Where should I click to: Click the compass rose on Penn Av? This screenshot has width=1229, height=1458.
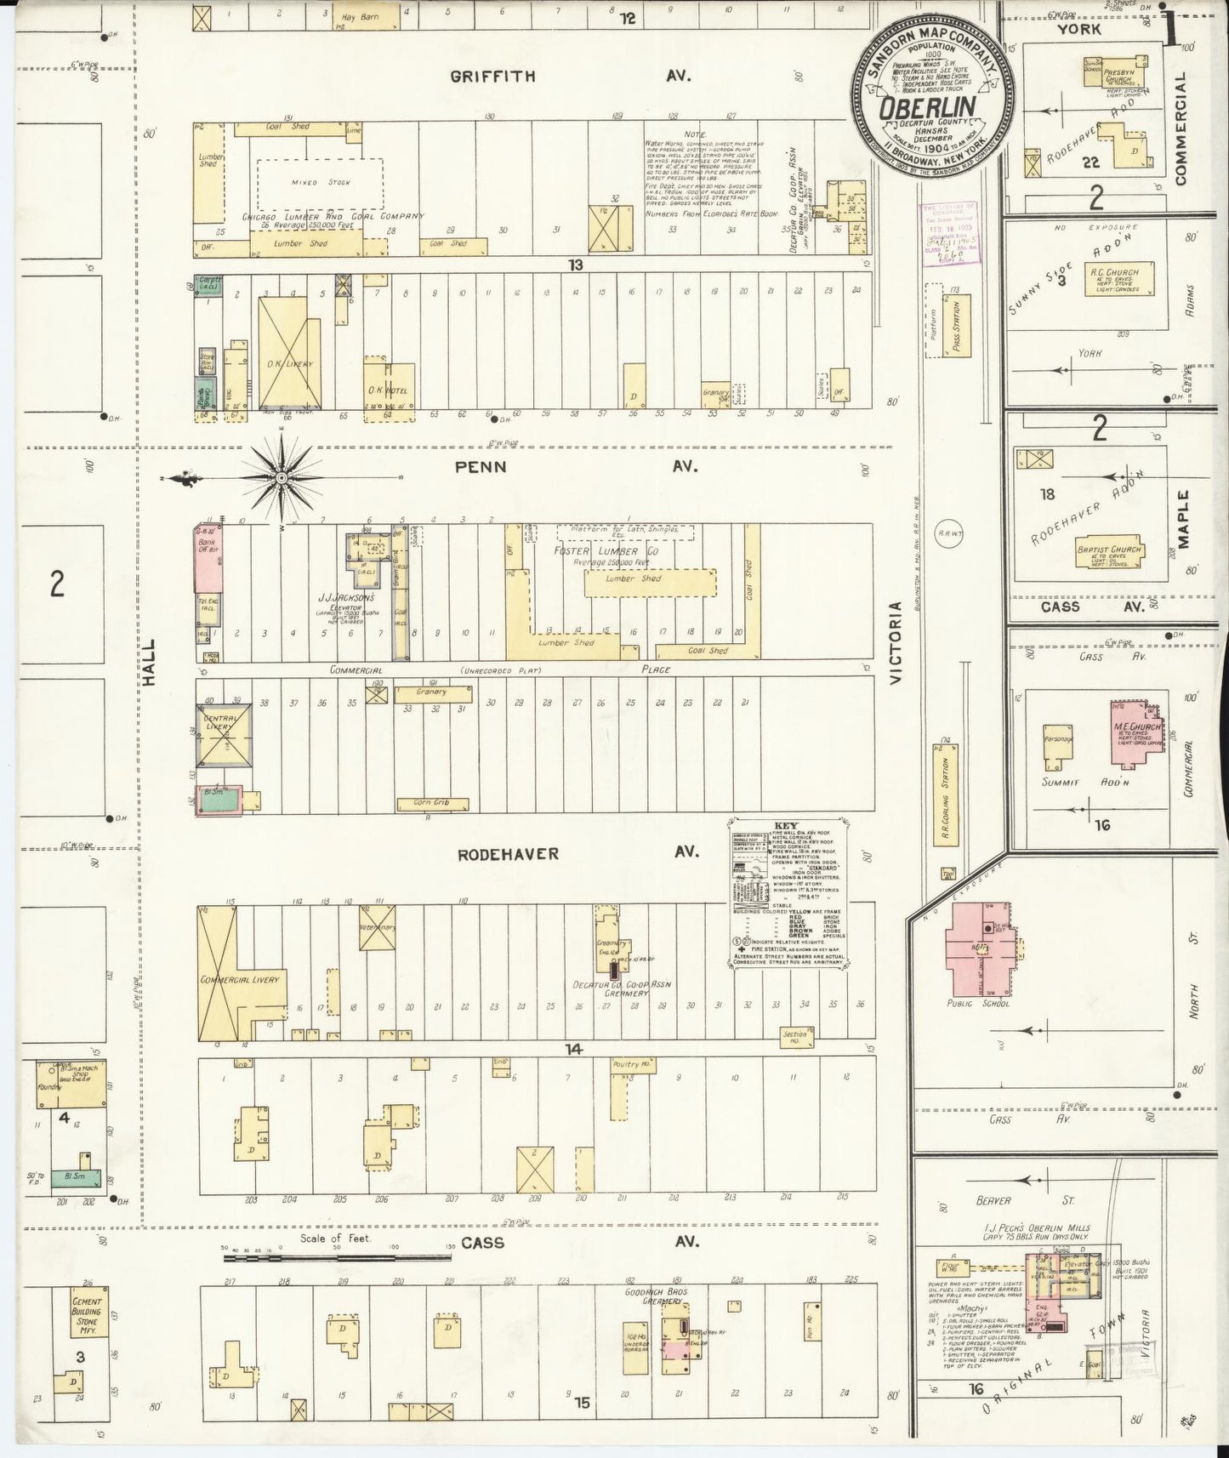[x=281, y=479]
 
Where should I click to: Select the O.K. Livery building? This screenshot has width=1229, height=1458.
[x=293, y=350]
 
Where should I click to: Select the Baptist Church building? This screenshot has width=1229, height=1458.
[x=1108, y=550]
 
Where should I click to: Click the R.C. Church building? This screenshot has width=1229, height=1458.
[x=1123, y=280]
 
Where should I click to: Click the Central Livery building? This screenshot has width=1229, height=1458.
[x=224, y=732]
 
